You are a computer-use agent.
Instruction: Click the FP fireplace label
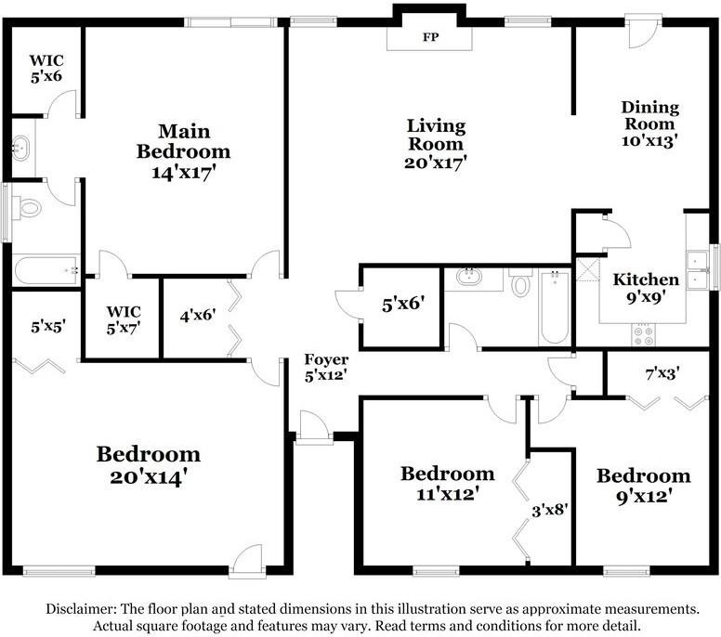(x=430, y=38)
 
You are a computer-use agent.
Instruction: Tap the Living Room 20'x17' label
(x=436, y=144)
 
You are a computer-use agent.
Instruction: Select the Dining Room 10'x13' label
(x=649, y=123)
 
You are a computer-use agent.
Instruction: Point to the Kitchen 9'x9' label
(x=645, y=289)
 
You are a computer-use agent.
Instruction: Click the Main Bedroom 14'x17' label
(x=183, y=151)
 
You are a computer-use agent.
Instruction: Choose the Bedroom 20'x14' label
(x=149, y=465)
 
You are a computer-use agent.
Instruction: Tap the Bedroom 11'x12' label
(x=447, y=484)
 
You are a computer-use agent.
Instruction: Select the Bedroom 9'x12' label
(x=643, y=486)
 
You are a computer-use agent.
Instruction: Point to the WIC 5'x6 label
(x=46, y=70)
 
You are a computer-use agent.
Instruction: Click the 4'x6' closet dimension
(x=198, y=315)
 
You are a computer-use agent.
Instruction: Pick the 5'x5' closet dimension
(x=48, y=326)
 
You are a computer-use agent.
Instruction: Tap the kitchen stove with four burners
(x=643, y=332)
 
